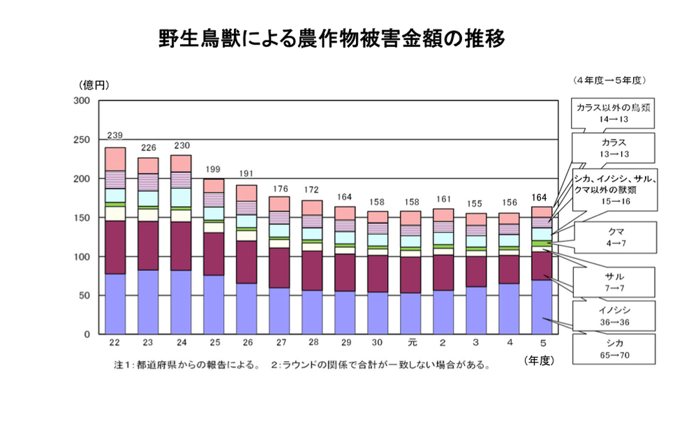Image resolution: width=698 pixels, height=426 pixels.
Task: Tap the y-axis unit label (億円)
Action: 94,85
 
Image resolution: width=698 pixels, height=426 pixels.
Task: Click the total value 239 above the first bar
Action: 115,135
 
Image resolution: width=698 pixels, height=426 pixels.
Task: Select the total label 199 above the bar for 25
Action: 214,170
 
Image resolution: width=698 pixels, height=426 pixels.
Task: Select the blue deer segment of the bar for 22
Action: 115,304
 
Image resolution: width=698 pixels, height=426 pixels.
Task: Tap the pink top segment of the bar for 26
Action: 246,193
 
